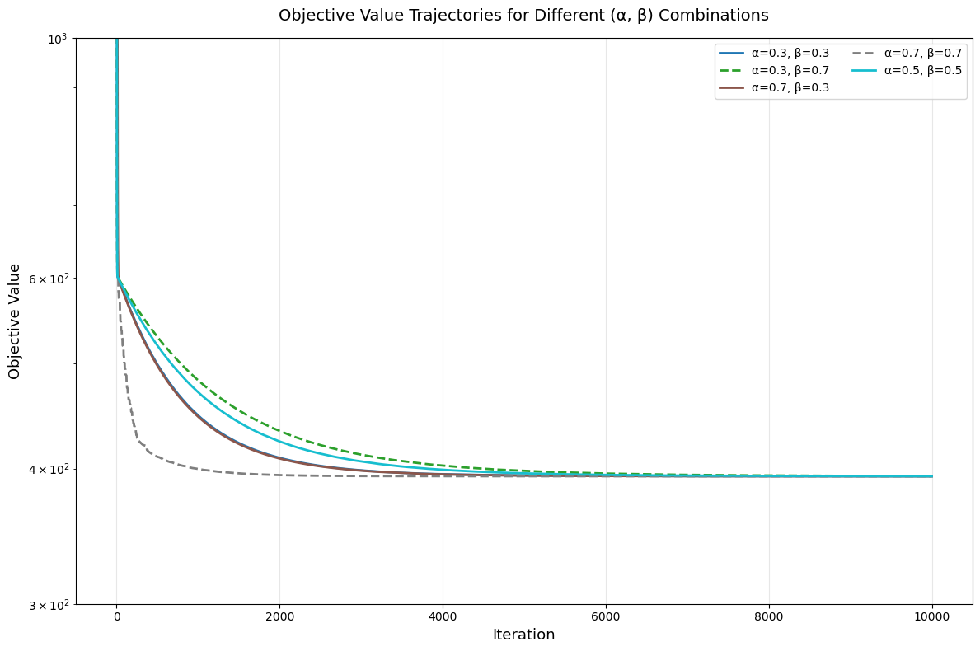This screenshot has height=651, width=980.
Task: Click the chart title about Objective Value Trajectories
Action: (523, 16)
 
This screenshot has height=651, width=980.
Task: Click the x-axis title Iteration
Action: (523, 635)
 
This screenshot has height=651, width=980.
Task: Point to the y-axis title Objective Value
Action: (15, 321)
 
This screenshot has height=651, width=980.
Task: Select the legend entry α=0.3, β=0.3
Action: (790, 53)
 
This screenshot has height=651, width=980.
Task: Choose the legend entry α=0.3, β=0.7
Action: (790, 70)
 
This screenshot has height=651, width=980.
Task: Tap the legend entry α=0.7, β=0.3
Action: (790, 87)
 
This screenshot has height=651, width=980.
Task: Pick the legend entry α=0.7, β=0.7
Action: (922, 53)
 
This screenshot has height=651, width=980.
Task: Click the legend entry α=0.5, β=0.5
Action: (922, 70)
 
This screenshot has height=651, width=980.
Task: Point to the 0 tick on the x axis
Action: (116, 616)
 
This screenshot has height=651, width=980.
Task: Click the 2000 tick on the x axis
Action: (279, 616)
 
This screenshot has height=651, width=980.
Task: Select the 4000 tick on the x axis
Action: (443, 616)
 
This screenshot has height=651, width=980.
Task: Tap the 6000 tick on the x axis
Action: (606, 616)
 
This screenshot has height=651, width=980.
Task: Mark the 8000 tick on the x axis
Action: (769, 616)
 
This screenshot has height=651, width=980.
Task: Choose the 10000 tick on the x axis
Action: (932, 616)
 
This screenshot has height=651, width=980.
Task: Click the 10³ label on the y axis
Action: (60, 39)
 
